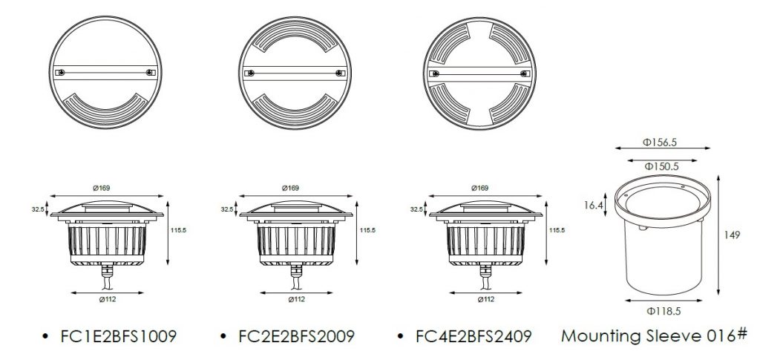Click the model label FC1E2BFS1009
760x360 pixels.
tap(118, 336)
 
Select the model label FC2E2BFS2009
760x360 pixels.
tap(296, 336)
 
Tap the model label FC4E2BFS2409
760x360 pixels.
tap(474, 336)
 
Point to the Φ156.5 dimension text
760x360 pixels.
tap(659, 142)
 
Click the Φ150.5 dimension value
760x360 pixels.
tap(661, 166)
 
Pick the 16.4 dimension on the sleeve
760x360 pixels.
tap(593, 205)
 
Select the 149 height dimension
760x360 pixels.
tap(732, 235)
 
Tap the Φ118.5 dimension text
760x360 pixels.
tap(664, 311)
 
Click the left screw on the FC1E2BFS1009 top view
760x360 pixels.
tap(60, 73)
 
